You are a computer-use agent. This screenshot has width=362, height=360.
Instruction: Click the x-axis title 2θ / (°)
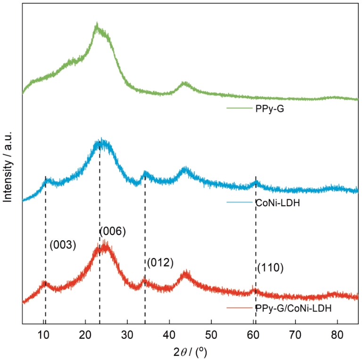point(190,352)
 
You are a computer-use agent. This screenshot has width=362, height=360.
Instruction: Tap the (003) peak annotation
point(63,245)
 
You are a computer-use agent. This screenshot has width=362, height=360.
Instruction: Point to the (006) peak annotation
point(112,232)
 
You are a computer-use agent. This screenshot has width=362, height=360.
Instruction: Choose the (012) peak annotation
point(160,263)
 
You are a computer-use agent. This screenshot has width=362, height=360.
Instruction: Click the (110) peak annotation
point(270,268)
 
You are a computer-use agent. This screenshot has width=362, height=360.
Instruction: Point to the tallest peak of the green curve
point(97,25)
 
